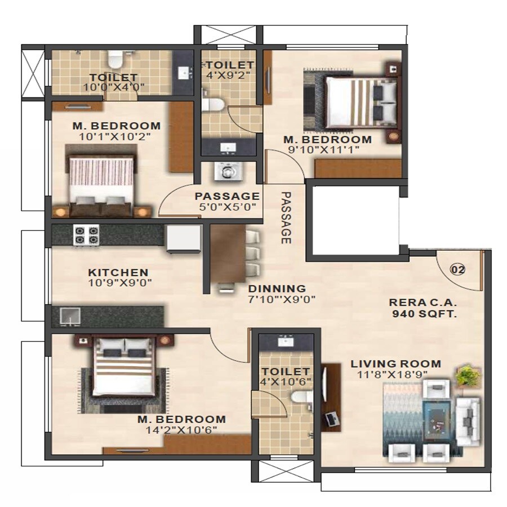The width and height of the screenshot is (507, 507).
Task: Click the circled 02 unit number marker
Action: pos(457,269)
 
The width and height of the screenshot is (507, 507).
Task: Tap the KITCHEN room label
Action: pos(118,273)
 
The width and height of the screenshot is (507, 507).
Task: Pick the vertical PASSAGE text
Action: pos(286,217)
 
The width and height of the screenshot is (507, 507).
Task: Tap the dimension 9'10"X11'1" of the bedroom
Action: pos(327,150)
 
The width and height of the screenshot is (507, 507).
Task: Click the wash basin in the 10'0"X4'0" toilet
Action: pos(184,73)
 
